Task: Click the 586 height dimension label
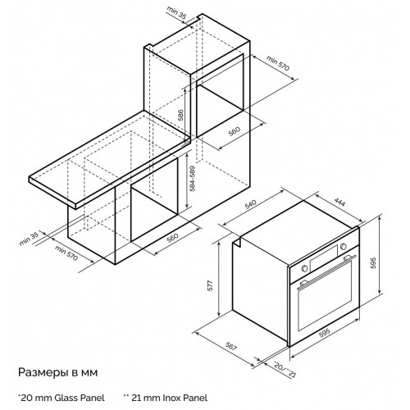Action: tap(180, 115)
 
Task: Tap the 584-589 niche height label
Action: tap(193, 179)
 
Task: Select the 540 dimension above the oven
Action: tap(251, 204)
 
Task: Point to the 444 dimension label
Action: tap(339, 202)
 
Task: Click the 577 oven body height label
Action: tap(211, 285)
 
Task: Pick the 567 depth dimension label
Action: tap(231, 347)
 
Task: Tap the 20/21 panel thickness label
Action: tap(285, 370)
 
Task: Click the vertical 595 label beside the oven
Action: tap(374, 263)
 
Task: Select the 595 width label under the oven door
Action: tap(325, 332)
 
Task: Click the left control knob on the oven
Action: tap(304, 269)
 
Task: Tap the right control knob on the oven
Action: tap(344, 247)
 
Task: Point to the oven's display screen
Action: tap(324, 258)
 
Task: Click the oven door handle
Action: tap(327, 271)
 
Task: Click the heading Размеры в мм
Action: tap(57, 373)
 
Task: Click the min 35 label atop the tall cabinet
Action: tap(177, 12)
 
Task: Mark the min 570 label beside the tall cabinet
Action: tap(277, 63)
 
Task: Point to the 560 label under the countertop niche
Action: tap(172, 238)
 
